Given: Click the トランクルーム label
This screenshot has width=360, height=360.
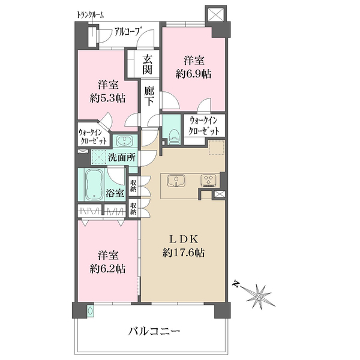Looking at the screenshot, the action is tap(90, 15).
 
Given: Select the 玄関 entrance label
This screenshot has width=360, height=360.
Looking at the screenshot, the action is tap(147, 65).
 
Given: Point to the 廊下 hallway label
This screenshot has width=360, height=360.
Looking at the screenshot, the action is tap(149, 97).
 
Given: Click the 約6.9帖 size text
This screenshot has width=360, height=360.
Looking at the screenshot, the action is tap(194, 74).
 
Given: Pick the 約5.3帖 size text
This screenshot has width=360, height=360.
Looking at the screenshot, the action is tap(107, 98).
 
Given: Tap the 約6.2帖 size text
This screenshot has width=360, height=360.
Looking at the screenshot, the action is tap(107, 269).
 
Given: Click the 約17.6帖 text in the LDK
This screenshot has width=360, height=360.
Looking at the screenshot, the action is tap(184, 253).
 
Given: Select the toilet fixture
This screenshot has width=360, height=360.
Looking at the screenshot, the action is tap(173, 137).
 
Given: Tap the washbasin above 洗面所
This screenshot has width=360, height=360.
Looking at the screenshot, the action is tap(124, 141).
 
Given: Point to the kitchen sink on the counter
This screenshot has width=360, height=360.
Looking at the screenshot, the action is tap(176, 181).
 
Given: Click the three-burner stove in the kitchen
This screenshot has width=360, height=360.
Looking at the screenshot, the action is tap(208, 180).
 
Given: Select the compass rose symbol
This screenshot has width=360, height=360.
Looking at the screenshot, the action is tap(259, 296).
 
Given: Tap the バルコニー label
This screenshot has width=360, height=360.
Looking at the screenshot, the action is tap(154, 331).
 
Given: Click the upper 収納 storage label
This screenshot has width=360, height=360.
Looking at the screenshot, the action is tap(133, 186).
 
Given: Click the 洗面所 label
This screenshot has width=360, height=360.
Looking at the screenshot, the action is tap(122, 157).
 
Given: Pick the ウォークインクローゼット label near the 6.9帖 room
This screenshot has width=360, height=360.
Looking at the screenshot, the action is tap(203, 126).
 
